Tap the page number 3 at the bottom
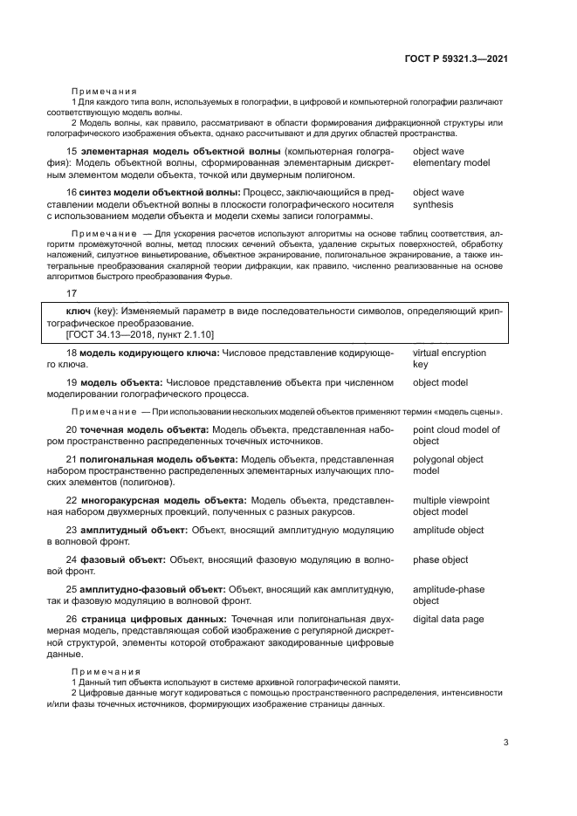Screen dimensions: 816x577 click(505, 743)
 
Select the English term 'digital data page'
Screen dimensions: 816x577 click(449, 620)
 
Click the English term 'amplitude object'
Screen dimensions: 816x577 click(448, 530)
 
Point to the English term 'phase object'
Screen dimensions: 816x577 click(440, 559)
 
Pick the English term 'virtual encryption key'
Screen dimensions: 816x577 click(449, 359)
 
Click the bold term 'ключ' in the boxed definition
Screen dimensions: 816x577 click(79, 311)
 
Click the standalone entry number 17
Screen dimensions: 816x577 click(72, 294)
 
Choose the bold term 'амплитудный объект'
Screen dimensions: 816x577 click(134, 530)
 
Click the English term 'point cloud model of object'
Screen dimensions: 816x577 click(456, 435)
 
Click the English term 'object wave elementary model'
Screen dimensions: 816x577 click(450, 157)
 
